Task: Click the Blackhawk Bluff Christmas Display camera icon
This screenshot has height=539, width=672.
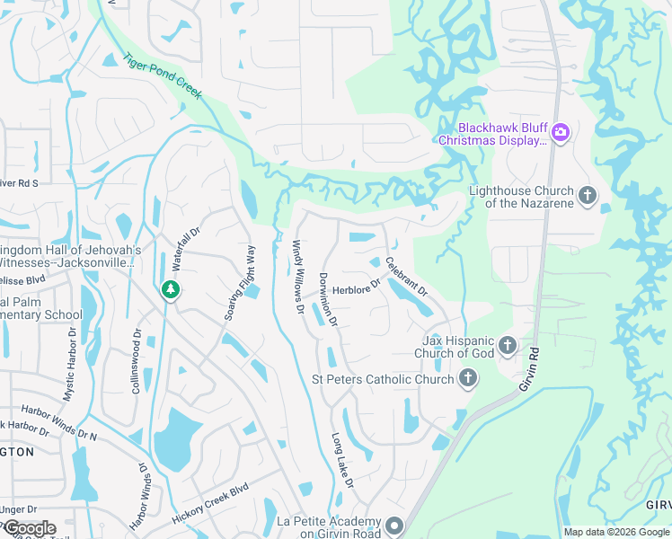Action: point(561,133)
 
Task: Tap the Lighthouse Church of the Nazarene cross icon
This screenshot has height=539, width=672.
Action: point(588,195)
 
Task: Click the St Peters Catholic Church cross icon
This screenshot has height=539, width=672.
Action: point(467,379)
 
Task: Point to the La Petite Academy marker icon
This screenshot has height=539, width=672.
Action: point(395,526)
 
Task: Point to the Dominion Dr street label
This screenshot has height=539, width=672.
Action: point(327,298)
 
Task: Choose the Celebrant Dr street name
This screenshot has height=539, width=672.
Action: point(406,278)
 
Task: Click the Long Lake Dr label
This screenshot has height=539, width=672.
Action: point(342,461)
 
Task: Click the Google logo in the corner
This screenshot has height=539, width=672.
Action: point(29,528)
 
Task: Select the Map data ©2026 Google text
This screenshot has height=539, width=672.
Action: point(615,532)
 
